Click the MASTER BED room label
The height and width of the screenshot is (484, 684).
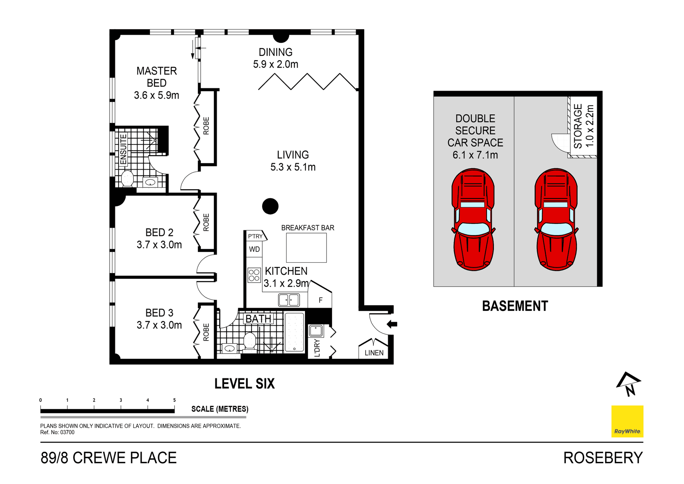pyautogui.click(x=156, y=77)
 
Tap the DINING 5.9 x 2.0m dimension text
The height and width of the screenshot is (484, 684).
pyautogui.click(x=275, y=65)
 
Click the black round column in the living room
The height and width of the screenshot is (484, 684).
pyautogui.click(x=270, y=206)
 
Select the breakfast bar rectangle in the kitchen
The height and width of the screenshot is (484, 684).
pyautogui.click(x=306, y=248)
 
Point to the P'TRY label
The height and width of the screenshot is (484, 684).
pyautogui.click(x=255, y=236)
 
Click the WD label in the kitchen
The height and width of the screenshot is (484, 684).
pyautogui.click(x=254, y=249)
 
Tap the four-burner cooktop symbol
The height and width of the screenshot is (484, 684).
pyautogui.click(x=254, y=275)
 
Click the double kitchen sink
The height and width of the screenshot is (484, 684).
pyautogui.click(x=289, y=300)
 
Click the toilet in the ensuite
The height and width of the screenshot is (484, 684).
pyautogui.click(x=127, y=178)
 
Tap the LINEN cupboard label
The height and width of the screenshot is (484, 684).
pyautogui.click(x=374, y=353)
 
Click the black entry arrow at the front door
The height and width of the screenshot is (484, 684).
pyautogui.click(x=392, y=324)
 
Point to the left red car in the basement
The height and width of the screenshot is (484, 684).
pyautogui.click(x=473, y=219)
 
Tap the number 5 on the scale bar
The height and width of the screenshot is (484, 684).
pyautogui.click(x=174, y=400)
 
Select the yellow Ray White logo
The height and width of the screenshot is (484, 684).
pyautogui.click(x=627, y=421)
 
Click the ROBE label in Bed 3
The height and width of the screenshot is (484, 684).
pyautogui.click(x=206, y=332)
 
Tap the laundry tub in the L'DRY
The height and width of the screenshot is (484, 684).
pyautogui.click(x=316, y=331)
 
